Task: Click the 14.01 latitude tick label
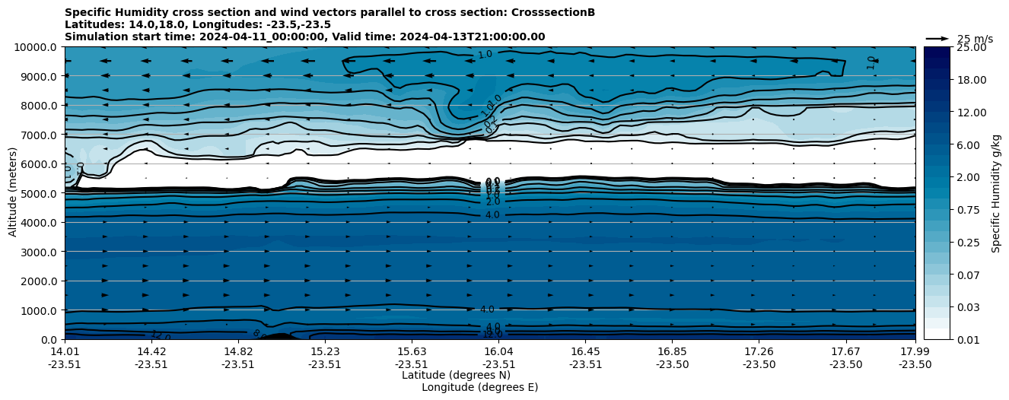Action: pos(65,351)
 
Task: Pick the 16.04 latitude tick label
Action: pos(498,351)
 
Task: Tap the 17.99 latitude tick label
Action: pos(915,351)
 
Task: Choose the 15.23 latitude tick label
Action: pos(325,351)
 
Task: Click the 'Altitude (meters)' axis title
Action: pos(13,193)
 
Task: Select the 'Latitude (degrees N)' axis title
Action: pos(456,375)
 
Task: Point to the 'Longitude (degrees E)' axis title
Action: pos(479,387)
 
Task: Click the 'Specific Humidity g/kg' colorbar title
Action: pos(996,193)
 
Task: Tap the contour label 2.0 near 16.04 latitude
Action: pos(492,202)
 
